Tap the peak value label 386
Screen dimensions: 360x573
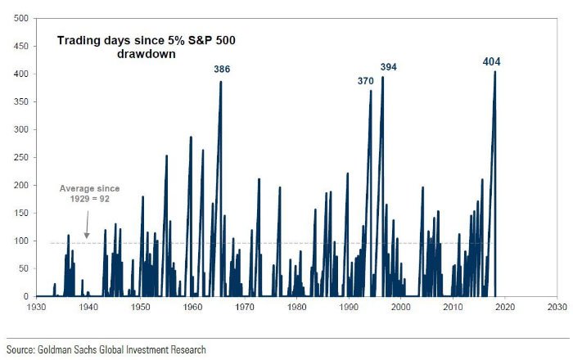tap(222, 70)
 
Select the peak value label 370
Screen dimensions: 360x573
tap(366, 81)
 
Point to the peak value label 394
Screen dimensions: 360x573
tap(388, 66)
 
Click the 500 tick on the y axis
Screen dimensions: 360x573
tap(22, 18)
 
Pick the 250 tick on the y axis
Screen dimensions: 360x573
tap(22, 157)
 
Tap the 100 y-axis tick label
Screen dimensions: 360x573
tap(22, 241)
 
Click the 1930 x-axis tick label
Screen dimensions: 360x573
tap(36, 308)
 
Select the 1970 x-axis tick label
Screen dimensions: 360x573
tap(245, 308)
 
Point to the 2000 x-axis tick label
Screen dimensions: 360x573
tap(401, 308)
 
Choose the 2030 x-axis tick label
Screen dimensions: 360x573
tap(557, 308)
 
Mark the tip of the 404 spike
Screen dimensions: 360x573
tap(495, 72)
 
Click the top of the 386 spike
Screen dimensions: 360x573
tap(221, 82)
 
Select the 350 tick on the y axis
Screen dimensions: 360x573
tap(22, 101)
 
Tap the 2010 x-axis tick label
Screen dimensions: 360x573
tap(453, 308)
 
